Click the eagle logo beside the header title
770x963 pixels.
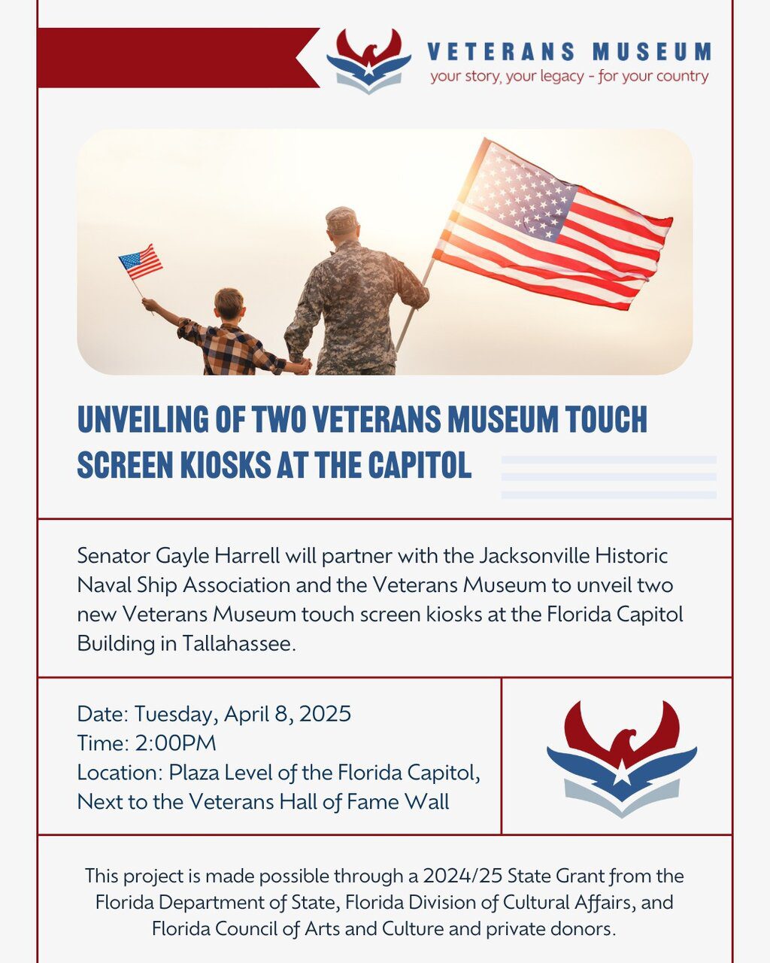(x=368, y=60)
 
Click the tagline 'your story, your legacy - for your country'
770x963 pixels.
(x=569, y=76)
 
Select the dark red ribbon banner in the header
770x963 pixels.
(x=173, y=57)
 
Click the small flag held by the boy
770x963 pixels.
(x=141, y=262)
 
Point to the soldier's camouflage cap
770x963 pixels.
(x=342, y=219)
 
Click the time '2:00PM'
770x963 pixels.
(x=175, y=743)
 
